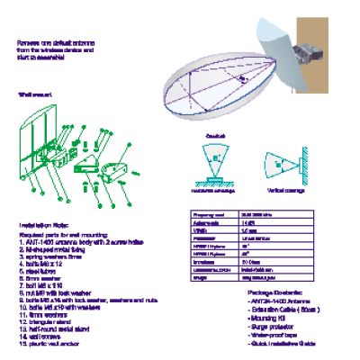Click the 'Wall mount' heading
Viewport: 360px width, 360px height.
[x=31, y=94]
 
